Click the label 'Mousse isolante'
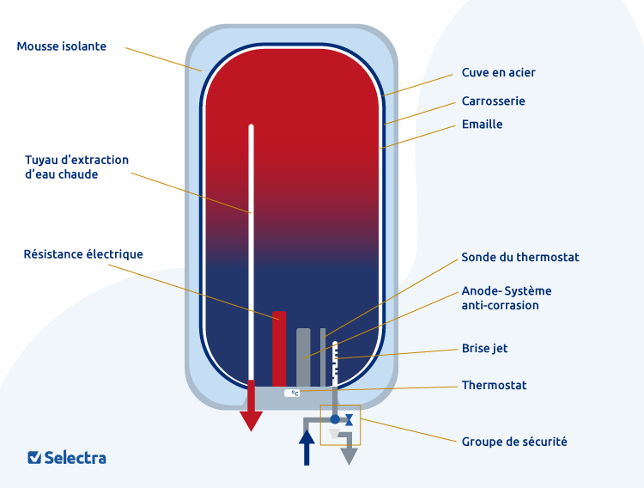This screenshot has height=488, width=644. coord(62,46)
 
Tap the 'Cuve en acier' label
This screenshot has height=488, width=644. coord(498,73)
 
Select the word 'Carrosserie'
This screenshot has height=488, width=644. coord(493,101)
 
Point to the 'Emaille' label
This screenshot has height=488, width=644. coord(482,125)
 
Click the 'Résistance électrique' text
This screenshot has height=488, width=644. coord(83,254)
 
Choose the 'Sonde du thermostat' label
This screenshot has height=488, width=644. coord(520,258)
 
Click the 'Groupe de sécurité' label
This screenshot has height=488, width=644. coord(514,442)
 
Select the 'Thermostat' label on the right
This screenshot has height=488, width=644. coord(494,386)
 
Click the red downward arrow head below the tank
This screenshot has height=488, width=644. coord(251,420)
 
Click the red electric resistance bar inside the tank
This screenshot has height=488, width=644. coord(279,348)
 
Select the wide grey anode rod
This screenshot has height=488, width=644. coord(303,357)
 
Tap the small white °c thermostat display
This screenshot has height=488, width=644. coord(292,393)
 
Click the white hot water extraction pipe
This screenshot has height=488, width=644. coord(252,249)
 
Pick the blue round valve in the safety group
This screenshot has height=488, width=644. coord(336,419)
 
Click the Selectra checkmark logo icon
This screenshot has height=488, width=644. coord(34,458)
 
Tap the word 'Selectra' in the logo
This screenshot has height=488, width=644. coord(76,458)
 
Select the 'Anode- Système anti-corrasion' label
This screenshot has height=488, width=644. coord(507,298)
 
